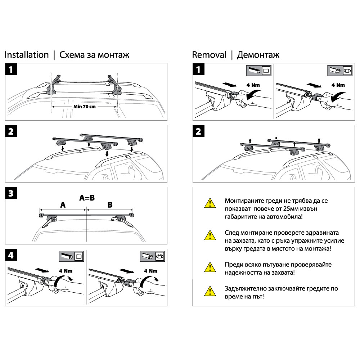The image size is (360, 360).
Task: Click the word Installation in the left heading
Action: pyautogui.click(x=26, y=55)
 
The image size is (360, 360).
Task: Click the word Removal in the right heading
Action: pyautogui.click(x=209, y=55)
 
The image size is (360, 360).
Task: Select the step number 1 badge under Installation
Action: pyautogui.click(x=12, y=70)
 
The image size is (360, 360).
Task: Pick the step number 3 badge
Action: pyautogui.click(x=12, y=193)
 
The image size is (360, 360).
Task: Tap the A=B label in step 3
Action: pyautogui.click(x=87, y=198)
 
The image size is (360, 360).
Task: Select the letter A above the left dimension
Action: pyautogui.click(x=63, y=205)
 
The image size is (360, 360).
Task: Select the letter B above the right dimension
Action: pyautogui.click(x=110, y=205)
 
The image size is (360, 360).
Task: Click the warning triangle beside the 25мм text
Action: pyautogui.click(x=208, y=204)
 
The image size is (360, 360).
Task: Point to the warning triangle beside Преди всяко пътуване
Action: pyautogui.click(x=208, y=267)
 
